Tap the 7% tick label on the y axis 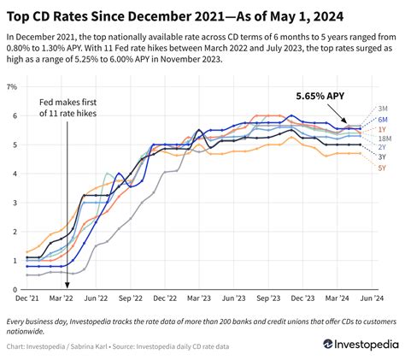[13, 87]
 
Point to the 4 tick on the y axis [15, 174]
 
